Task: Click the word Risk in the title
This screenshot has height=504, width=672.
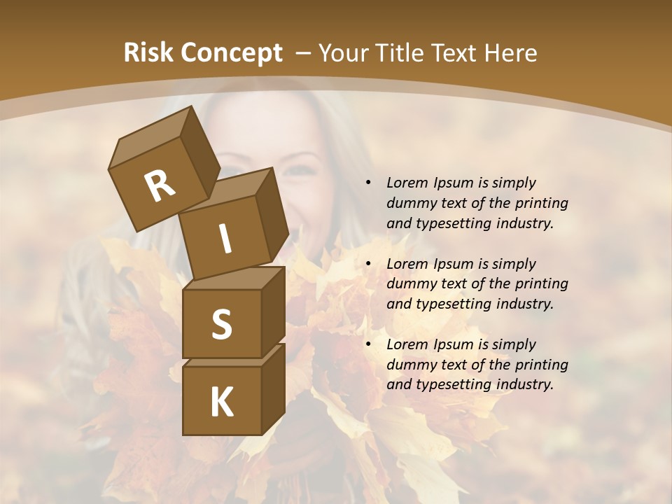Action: tap(149, 52)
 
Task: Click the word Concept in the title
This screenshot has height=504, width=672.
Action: tap(231, 53)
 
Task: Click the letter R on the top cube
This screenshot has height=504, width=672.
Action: tap(160, 185)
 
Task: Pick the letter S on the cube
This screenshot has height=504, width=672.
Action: tap(221, 324)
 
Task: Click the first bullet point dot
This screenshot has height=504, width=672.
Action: tap(368, 183)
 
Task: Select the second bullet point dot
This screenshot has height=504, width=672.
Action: tap(368, 264)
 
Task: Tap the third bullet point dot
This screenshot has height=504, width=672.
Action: tap(368, 344)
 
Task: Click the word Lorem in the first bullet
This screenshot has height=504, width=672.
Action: tap(407, 183)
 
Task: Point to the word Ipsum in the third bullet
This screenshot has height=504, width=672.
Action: tap(452, 344)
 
